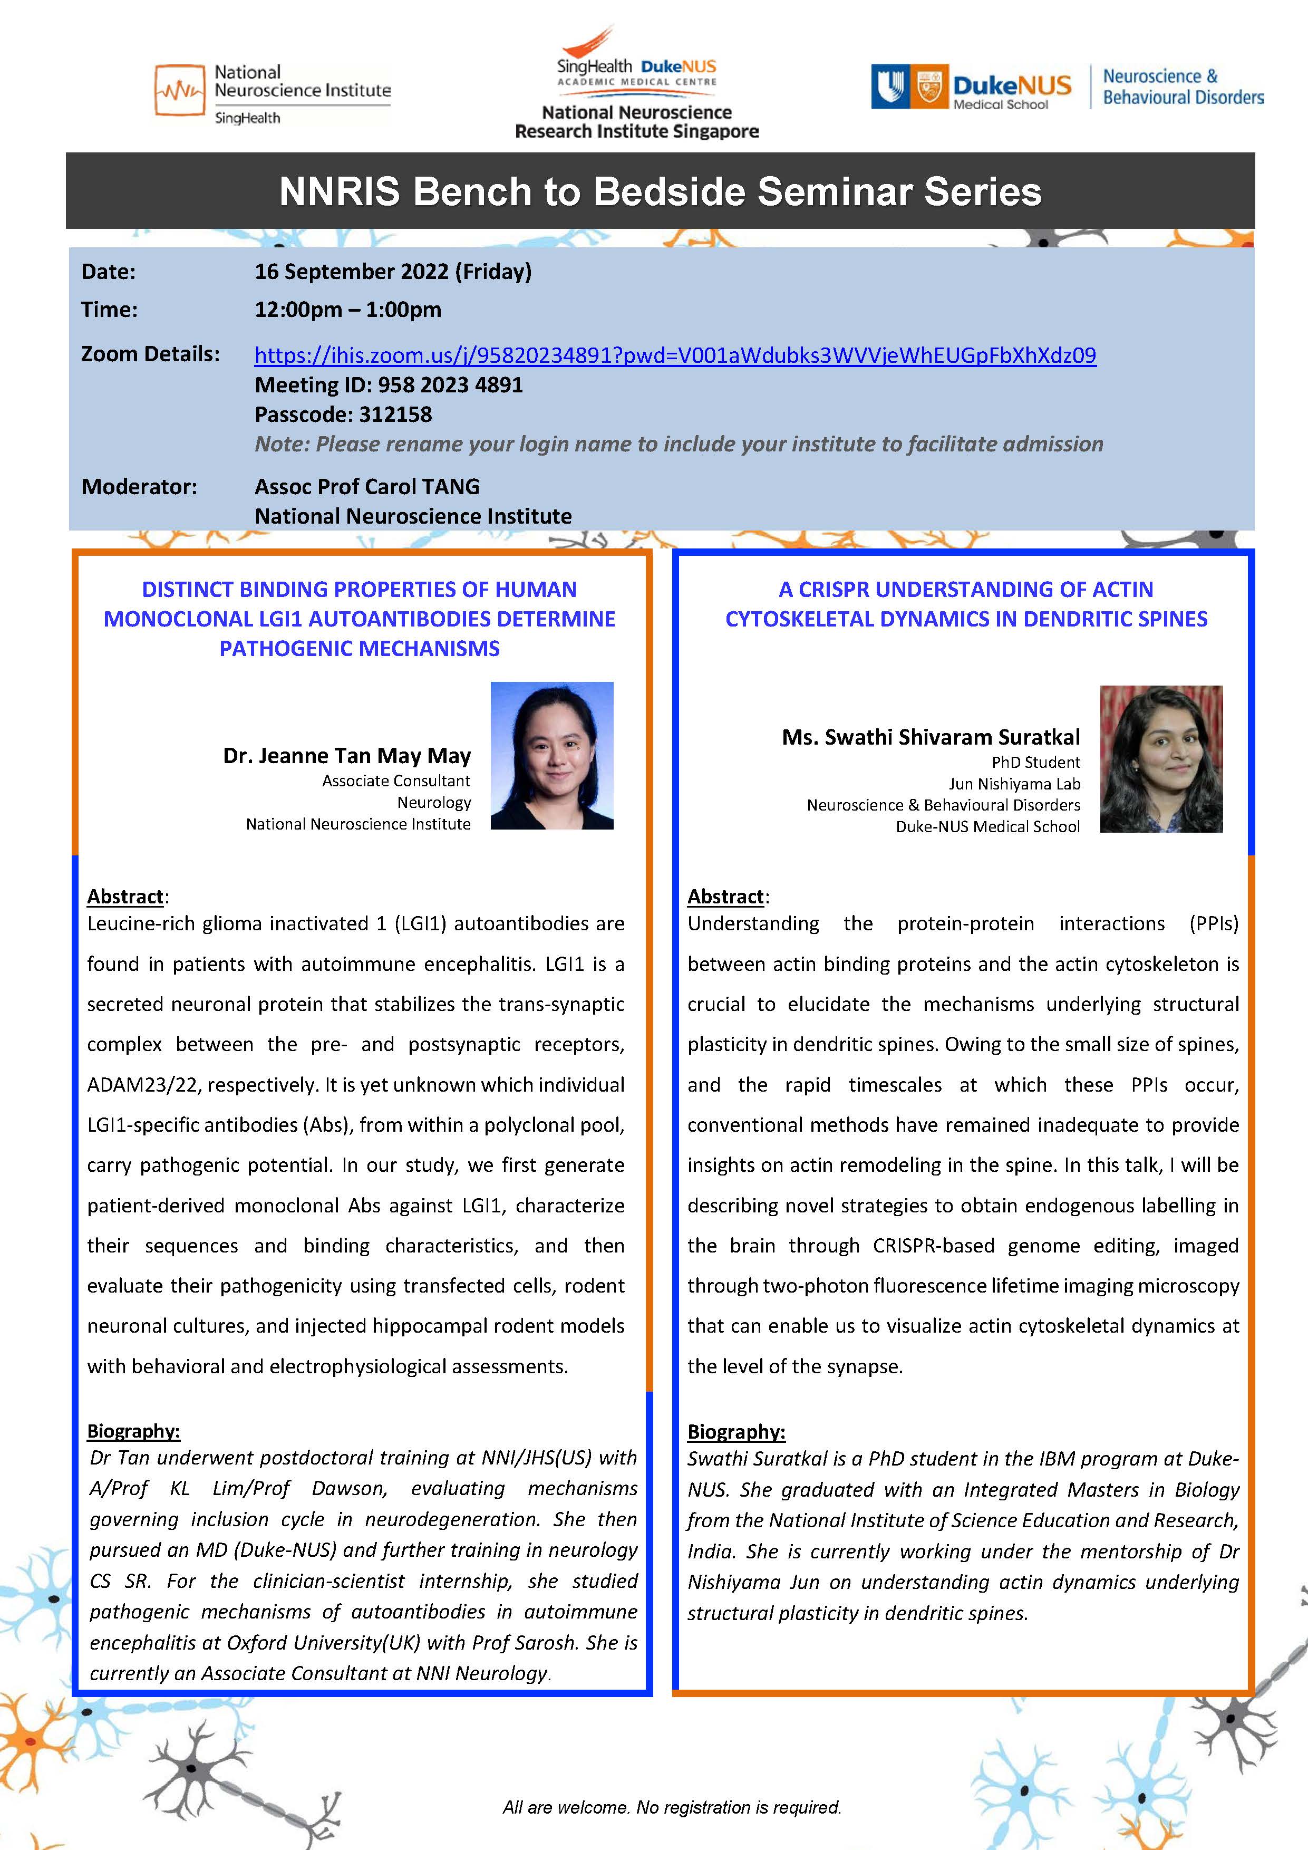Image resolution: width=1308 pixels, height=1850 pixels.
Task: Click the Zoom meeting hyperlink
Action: pyautogui.click(x=675, y=355)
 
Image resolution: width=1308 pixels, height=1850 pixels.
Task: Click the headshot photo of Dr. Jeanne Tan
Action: pyautogui.click(x=551, y=755)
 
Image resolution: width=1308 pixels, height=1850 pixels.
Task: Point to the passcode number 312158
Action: pyautogui.click(x=395, y=414)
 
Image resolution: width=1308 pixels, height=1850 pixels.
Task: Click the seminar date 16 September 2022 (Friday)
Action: pyautogui.click(x=393, y=272)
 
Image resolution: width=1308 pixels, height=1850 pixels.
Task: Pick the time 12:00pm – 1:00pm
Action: pyautogui.click(x=348, y=310)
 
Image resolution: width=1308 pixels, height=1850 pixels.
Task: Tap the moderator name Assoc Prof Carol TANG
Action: pyautogui.click(x=367, y=487)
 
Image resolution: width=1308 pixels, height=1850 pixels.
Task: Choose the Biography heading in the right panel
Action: pyautogui.click(x=735, y=1431)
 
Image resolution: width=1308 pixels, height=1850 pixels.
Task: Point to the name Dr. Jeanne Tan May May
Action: pyautogui.click(x=346, y=756)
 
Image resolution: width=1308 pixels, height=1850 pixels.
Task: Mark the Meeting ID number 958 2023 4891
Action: pyautogui.click(x=450, y=385)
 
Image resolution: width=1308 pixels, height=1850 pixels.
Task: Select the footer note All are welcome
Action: pyautogui.click(x=671, y=1807)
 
